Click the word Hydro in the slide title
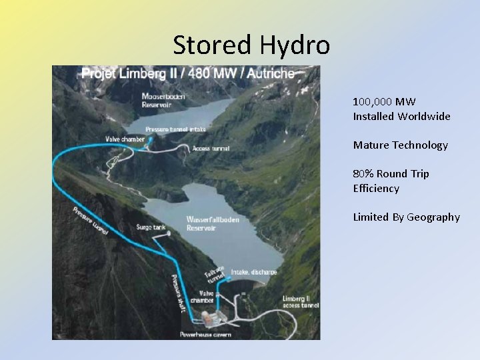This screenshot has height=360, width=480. coord(295,45)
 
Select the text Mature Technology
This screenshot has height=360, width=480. coord(400,145)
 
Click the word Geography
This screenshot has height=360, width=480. coord(433,217)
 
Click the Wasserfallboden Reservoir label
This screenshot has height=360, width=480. coord(213,223)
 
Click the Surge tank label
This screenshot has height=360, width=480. coord(151,227)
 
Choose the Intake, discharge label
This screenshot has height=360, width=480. coord(253,272)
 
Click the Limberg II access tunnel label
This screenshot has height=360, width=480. coord(300,301)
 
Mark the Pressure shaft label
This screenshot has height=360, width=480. coord(177,292)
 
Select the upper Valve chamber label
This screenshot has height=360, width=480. coord(124,139)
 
